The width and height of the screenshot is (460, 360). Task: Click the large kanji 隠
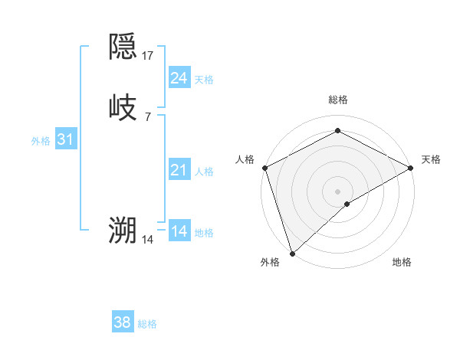(x=123, y=47)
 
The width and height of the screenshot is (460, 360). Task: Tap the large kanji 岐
(x=123, y=107)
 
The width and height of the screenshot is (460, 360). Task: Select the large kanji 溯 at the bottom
(x=123, y=231)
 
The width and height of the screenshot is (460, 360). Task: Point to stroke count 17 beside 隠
(x=148, y=55)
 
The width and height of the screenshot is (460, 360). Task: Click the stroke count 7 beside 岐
(x=148, y=116)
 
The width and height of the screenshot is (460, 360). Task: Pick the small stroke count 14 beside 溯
(x=148, y=240)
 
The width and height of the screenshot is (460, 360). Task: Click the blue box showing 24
(x=179, y=77)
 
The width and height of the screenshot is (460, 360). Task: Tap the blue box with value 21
(x=179, y=169)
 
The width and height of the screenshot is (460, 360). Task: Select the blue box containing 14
(x=179, y=231)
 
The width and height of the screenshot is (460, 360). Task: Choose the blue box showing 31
(x=66, y=139)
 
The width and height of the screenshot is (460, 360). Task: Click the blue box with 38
(x=123, y=322)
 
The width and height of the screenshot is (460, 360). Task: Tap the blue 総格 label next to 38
(x=147, y=324)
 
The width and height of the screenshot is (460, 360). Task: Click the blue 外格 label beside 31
(x=41, y=141)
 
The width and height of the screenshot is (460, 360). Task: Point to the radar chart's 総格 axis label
(x=338, y=100)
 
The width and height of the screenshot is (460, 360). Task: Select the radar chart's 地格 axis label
(x=402, y=263)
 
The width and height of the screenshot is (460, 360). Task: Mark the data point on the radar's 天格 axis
(x=412, y=168)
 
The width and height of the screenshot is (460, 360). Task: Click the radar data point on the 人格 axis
(x=264, y=168)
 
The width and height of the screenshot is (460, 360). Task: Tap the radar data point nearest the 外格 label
(x=292, y=254)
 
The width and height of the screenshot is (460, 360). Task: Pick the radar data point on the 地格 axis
(x=347, y=204)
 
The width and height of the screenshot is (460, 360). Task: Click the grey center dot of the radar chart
(x=338, y=191)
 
